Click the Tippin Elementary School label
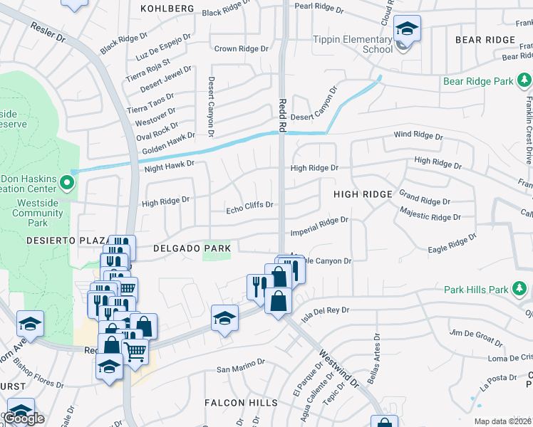[x=352, y=44]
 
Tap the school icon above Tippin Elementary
[x=407, y=29]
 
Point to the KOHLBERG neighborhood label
[x=167, y=8]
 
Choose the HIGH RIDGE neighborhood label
[x=363, y=194]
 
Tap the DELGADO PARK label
[x=192, y=248]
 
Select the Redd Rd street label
[x=282, y=115]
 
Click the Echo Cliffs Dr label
[x=249, y=206]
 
